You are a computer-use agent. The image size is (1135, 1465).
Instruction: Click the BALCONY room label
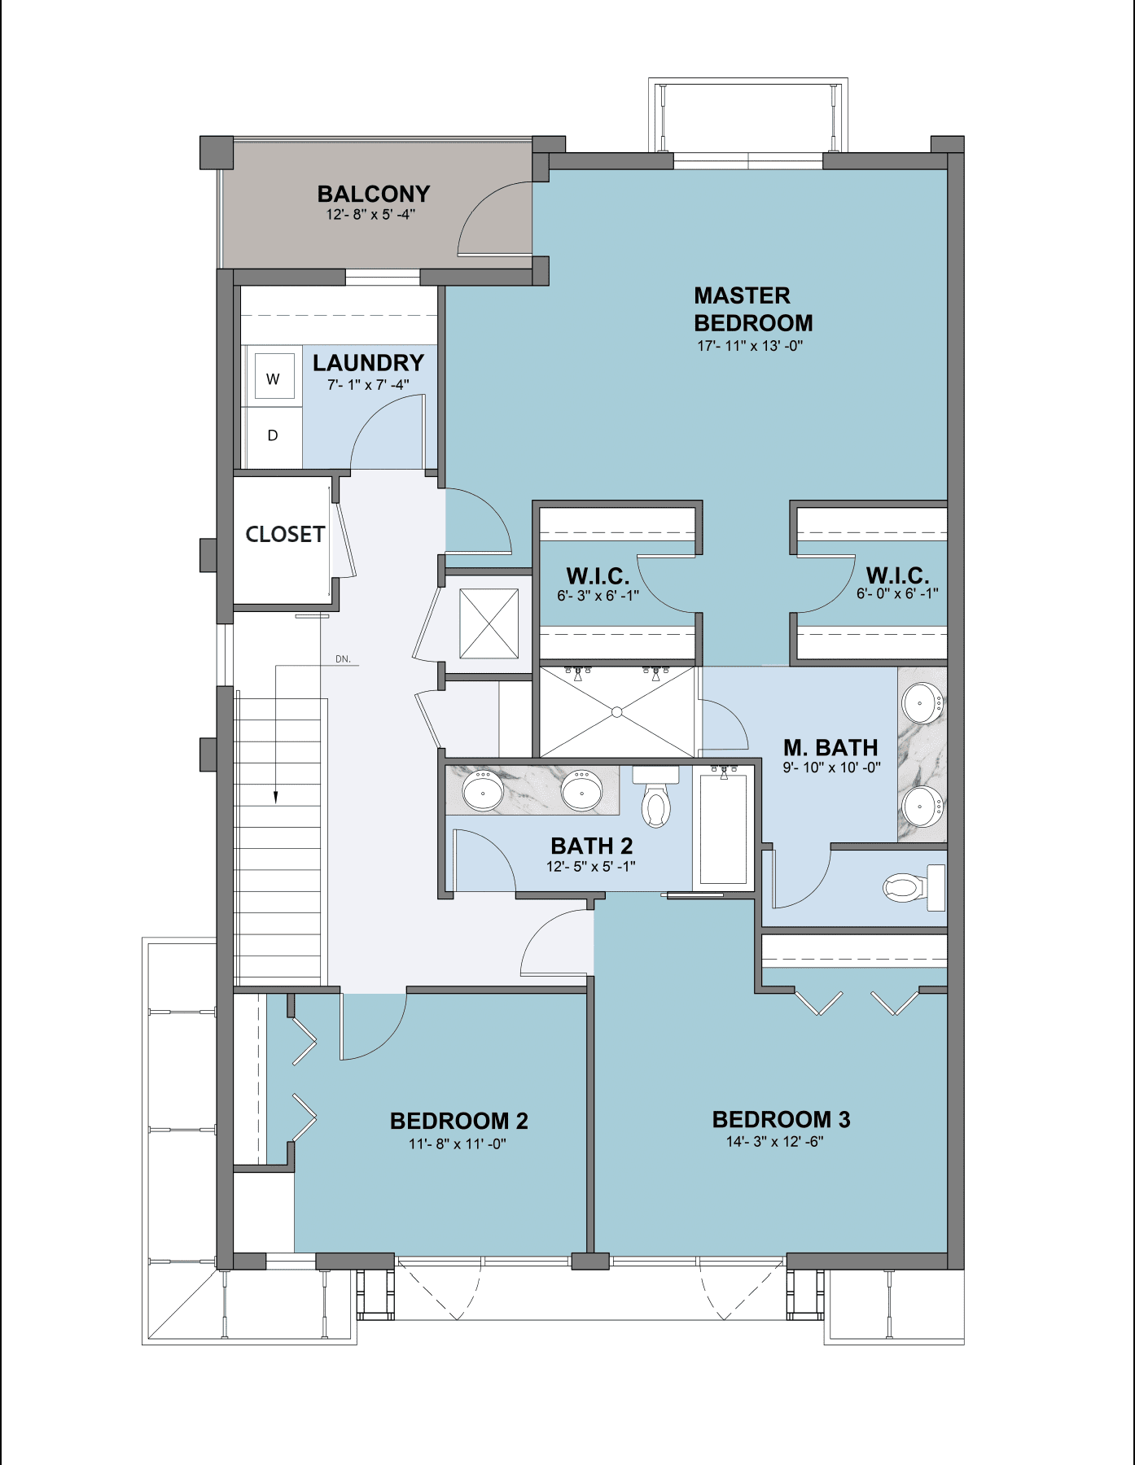373,195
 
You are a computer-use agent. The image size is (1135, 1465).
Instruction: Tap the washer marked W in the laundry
274,378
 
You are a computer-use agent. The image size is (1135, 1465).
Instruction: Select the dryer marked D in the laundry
274,436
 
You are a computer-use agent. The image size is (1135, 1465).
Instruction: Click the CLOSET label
285,535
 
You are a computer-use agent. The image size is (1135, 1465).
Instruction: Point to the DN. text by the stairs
343,659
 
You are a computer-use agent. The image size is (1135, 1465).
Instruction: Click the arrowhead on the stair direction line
276,797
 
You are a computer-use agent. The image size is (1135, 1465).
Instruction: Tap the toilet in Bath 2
655,802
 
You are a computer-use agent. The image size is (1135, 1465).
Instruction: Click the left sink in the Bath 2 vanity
483,790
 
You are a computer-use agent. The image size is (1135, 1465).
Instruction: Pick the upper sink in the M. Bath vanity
922,702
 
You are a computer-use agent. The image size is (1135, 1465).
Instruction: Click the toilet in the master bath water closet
905,887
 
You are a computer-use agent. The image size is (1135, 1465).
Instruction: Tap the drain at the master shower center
617,712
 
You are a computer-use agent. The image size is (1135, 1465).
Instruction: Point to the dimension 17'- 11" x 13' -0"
750,346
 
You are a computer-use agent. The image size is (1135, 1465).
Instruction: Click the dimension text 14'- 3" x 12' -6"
774,1142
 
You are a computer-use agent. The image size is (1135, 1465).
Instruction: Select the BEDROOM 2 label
458,1121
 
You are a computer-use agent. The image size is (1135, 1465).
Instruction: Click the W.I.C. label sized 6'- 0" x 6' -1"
897,576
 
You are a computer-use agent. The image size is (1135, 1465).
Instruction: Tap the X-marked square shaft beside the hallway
489,623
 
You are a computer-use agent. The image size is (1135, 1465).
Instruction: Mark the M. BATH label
830,747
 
